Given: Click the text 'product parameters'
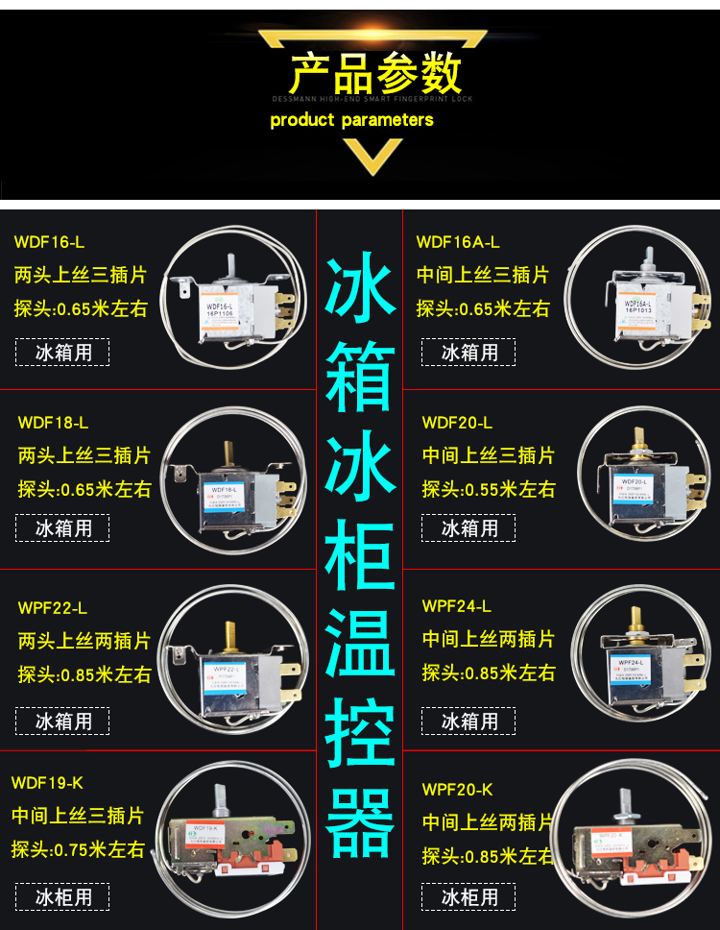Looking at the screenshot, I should (x=351, y=120).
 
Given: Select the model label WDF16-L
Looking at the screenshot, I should (x=49, y=242).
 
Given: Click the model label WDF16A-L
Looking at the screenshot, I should (x=458, y=242).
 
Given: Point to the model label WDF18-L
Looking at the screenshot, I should (x=53, y=423).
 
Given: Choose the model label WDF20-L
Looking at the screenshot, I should (x=457, y=423).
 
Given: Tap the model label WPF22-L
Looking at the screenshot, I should (x=52, y=608).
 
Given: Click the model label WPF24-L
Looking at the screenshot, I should (x=456, y=606).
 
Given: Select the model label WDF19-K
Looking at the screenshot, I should (x=47, y=783).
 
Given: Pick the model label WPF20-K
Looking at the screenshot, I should (x=457, y=790).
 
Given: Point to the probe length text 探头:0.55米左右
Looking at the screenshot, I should (x=489, y=489).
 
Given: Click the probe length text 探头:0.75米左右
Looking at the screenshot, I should (x=78, y=849).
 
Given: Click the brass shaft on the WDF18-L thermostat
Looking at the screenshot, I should (x=228, y=455).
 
